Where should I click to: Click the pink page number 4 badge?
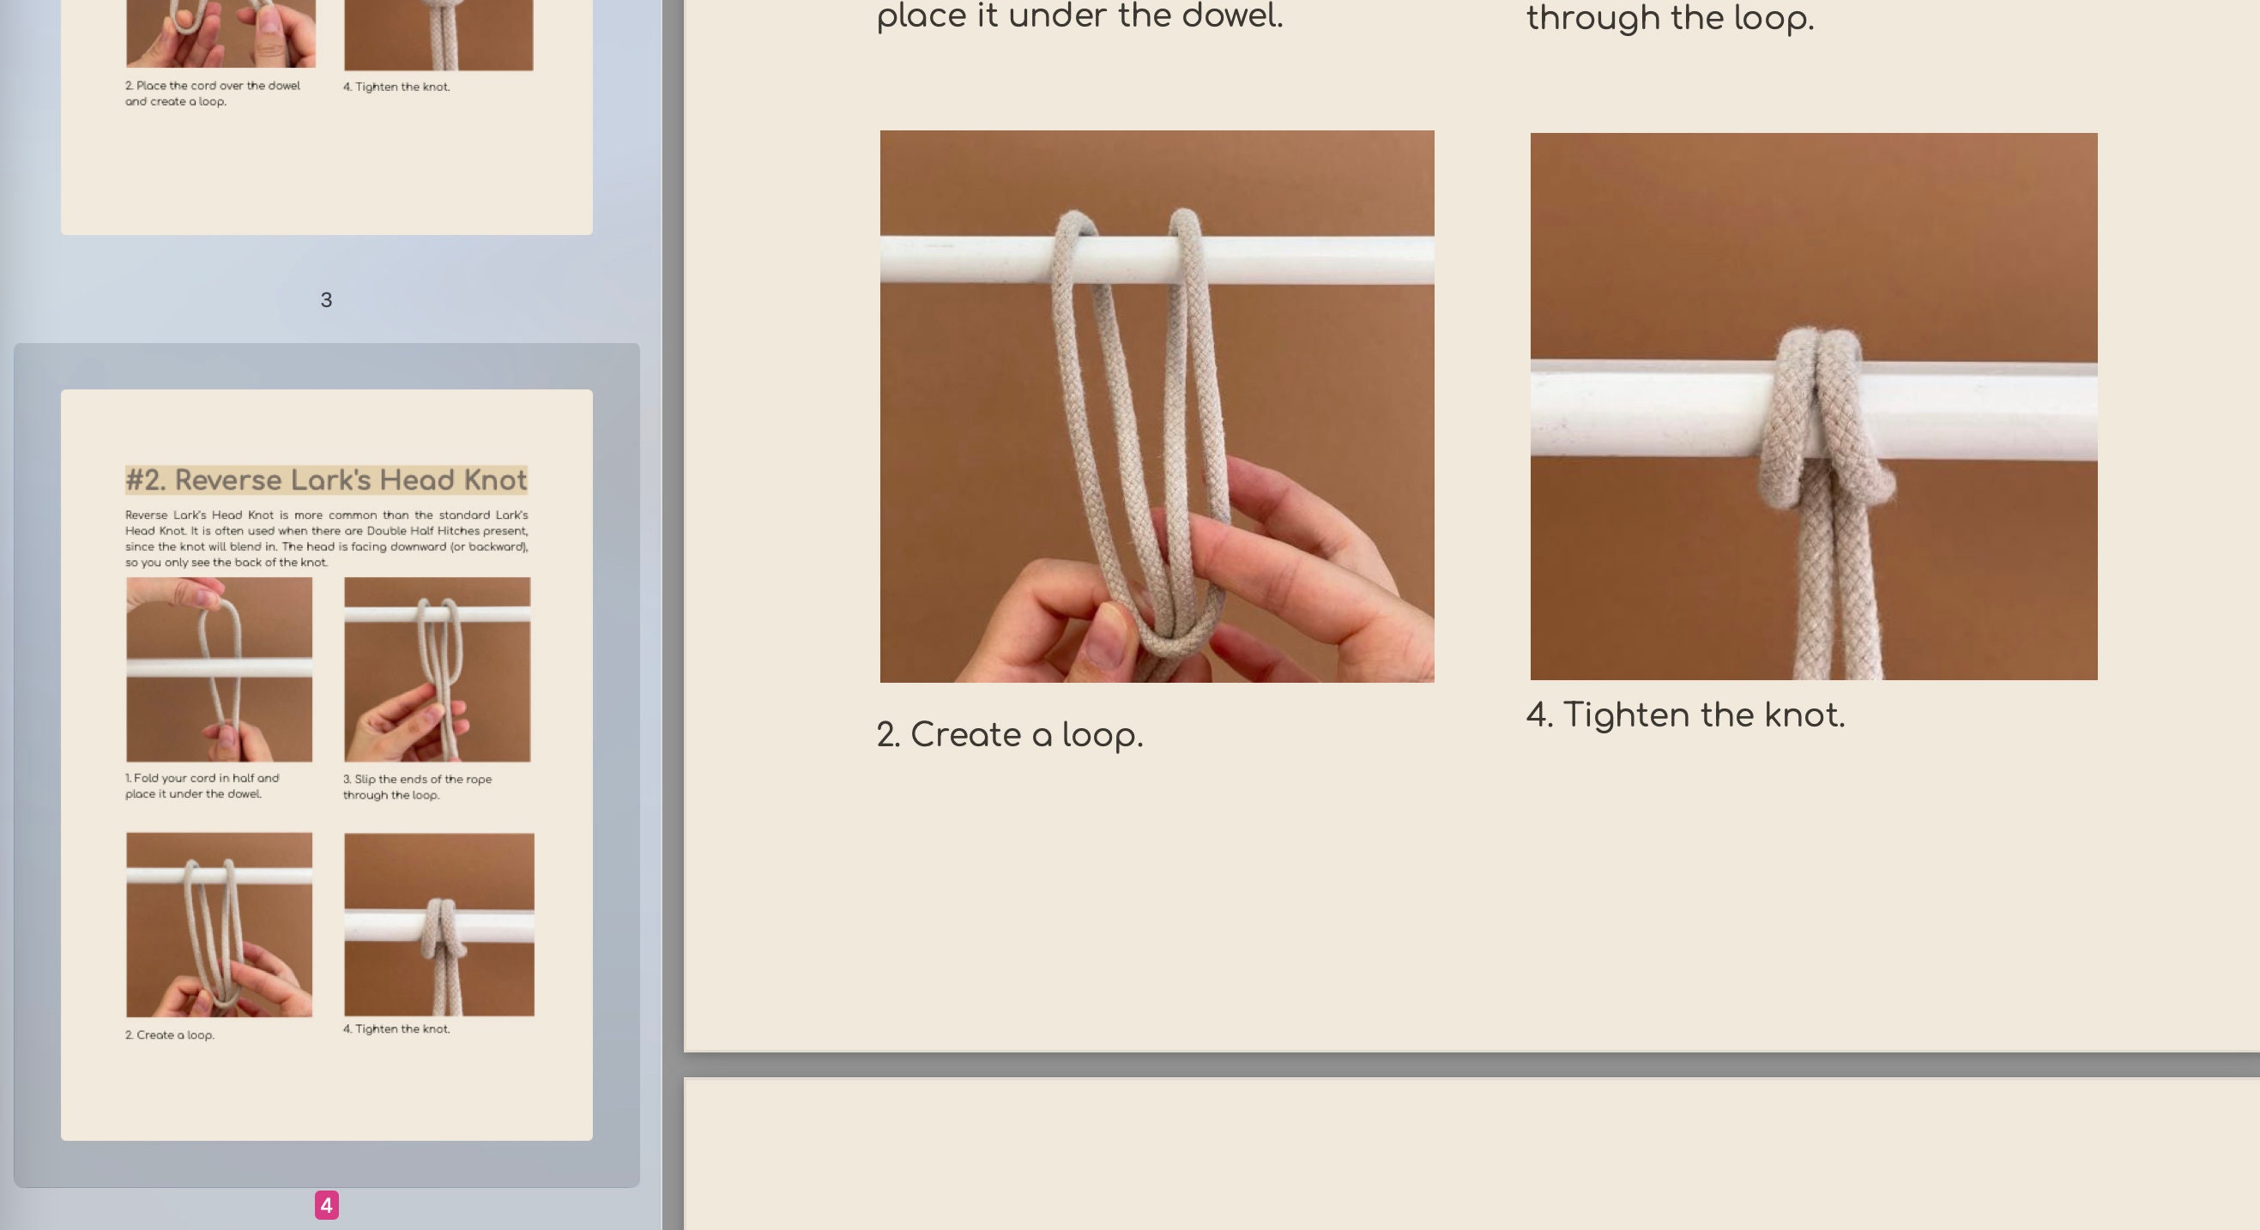coord(326,1205)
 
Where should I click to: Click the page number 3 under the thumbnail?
coord(326,300)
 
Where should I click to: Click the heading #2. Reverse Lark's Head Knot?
coord(326,479)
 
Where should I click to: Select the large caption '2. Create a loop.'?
coord(1010,735)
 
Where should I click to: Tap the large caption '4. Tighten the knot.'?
coord(1685,715)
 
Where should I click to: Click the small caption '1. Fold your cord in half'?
coord(202,778)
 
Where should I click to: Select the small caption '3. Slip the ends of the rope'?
coord(417,779)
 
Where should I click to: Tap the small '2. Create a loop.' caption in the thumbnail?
coord(169,1035)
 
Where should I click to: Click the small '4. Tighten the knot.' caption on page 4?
coord(396,1029)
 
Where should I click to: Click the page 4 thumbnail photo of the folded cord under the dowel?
coord(220,669)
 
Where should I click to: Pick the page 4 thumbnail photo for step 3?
coord(437,669)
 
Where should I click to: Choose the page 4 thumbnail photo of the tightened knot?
coord(438,925)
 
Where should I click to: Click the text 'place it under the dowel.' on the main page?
coord(1079,15)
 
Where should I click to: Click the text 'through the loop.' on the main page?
coord(1670,17)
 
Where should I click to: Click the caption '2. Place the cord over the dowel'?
coord(212,86)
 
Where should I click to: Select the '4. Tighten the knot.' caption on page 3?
coord(396,87)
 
